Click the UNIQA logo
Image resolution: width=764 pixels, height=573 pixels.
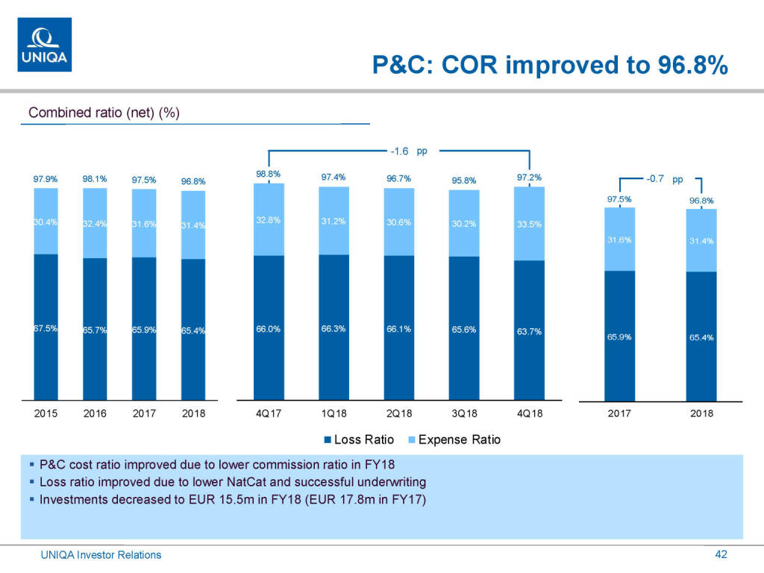45,44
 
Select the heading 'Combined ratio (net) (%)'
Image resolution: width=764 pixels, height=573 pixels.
104,113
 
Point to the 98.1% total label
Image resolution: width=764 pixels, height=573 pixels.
95,179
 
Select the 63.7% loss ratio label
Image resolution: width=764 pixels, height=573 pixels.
529,331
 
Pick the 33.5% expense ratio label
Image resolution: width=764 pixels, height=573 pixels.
529,225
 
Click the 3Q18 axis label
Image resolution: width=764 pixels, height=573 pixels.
463,413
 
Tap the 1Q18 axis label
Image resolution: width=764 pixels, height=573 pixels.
334,413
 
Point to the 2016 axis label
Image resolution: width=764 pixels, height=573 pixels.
95,413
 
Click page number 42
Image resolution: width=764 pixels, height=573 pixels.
721,554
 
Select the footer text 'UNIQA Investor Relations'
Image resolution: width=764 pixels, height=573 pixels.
101,555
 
